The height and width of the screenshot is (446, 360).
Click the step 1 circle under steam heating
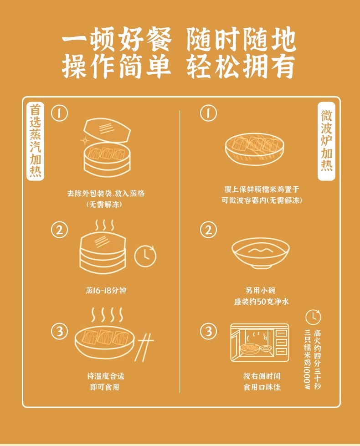pos(60,113)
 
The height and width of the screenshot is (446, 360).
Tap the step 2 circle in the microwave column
pos(208,230)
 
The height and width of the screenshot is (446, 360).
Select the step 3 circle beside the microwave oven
pos(208,331)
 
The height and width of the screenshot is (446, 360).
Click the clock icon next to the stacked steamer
pos(145,256)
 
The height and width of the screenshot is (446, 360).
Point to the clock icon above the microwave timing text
pos(313,317)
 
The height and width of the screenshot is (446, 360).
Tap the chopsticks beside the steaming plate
pos(144,346)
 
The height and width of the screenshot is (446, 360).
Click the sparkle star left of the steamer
pos(84,140)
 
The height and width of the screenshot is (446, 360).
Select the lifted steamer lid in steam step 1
pos(107,129)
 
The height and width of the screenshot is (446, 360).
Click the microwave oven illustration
pos(259,343)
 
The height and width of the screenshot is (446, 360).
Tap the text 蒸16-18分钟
pos(106,290)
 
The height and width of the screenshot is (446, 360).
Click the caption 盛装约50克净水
pos(261,301)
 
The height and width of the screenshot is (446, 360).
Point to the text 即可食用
pos(105,387)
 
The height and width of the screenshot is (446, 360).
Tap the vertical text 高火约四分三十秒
pos(317,359)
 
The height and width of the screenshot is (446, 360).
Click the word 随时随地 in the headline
pos(242,39)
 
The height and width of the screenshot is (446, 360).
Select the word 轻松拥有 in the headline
pos(241,66)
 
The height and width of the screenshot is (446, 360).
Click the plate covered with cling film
pos(255,148)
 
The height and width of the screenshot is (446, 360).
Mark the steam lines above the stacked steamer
pos(104,225)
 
